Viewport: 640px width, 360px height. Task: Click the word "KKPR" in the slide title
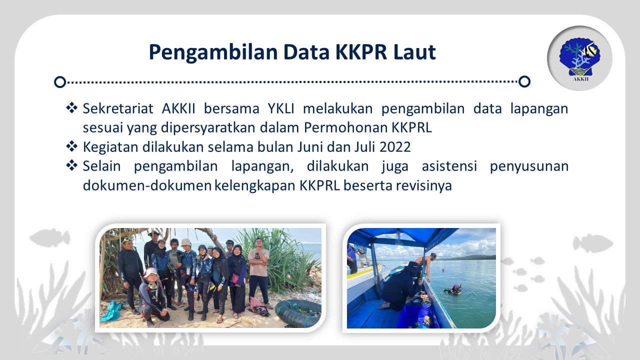[357, 52]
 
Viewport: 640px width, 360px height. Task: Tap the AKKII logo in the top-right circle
[579, 58]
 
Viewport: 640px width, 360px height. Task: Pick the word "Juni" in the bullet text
[311, 147]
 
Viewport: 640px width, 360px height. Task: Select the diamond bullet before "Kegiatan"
[72, 146]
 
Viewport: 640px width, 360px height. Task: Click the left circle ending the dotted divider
[60, 81]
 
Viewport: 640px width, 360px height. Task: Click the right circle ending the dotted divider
[524, 81]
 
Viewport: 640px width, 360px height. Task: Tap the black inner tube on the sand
[298, 313]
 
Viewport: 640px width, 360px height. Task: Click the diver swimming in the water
[453, 289]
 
